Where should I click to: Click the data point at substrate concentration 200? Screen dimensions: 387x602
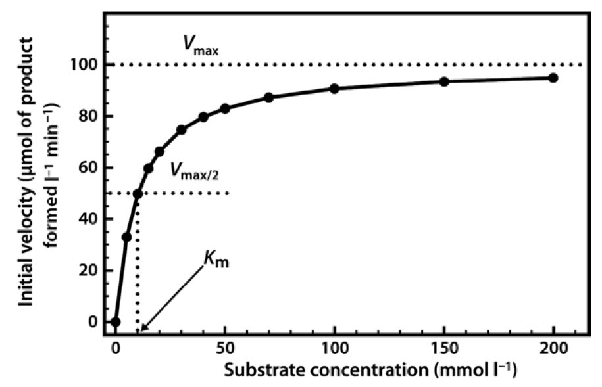[553, 78]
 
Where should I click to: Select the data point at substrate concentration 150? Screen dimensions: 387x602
[444, 81]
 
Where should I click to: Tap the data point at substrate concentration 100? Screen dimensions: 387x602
[334, 88]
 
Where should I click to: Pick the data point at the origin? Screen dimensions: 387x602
[116, 322]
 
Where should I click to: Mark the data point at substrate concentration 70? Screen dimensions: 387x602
[268, 97]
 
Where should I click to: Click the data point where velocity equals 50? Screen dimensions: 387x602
[137, 194]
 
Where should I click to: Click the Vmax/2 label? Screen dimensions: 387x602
[197, 172]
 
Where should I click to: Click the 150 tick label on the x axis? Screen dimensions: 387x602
[443, 346]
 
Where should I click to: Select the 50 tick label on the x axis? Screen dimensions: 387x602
[225, 346]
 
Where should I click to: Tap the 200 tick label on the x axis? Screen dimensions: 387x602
[553, 346]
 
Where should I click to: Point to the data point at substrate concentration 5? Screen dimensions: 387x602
[127, 237]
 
